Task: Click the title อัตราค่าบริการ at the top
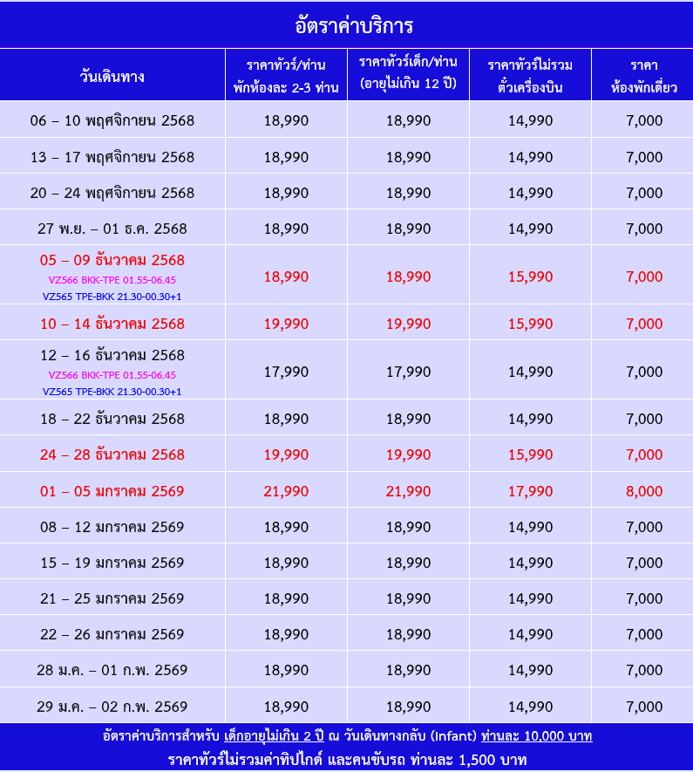[x=346, y=24]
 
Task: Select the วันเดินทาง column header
[x=112, y=76]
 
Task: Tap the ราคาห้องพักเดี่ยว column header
[x=644, y=76]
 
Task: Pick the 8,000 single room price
[x=644, y=491]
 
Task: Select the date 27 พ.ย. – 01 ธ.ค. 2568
[x=112, y=229]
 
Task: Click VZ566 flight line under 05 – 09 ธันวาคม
[x=112, y=280]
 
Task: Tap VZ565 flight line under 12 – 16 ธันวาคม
[x=112, y=392]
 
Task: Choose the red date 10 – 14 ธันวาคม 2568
[x=112, y=324]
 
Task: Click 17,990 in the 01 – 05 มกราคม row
[x=530, y=491]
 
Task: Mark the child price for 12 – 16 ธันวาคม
[x=408, y=372]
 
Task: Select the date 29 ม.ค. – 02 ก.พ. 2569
[x=112, y=707]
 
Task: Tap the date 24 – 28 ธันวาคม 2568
[x=112, y=454]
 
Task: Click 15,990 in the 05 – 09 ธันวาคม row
[x=530, y=277]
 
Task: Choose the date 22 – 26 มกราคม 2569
[x=112, y=634]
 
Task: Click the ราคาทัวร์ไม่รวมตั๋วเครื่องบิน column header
[x=530, y=76]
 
